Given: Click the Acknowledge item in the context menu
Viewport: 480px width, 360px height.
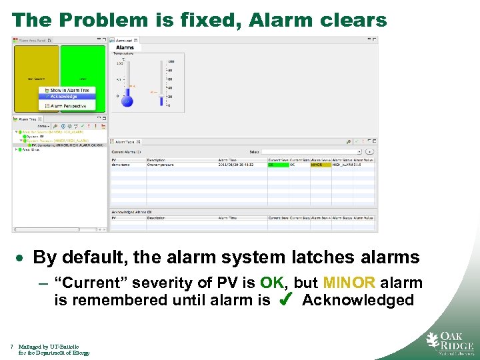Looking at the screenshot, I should tap(64, 97).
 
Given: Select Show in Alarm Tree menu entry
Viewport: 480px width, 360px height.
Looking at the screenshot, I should tap(68, 90).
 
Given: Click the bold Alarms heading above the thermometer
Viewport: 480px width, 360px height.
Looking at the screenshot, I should tap(125, 48).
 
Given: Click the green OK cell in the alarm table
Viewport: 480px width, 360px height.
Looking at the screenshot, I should tap(277, 165).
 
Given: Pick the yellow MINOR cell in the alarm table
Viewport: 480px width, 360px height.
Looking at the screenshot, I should tap(320, 165).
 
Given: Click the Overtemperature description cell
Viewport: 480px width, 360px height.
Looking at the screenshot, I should tap(163, 165).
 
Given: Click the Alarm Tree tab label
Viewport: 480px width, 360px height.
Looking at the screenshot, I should tap(29, 118).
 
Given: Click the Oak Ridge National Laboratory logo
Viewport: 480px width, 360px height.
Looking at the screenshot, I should tap(450, 342).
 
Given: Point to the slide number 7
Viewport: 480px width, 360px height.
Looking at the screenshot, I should tap(13, 347).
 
